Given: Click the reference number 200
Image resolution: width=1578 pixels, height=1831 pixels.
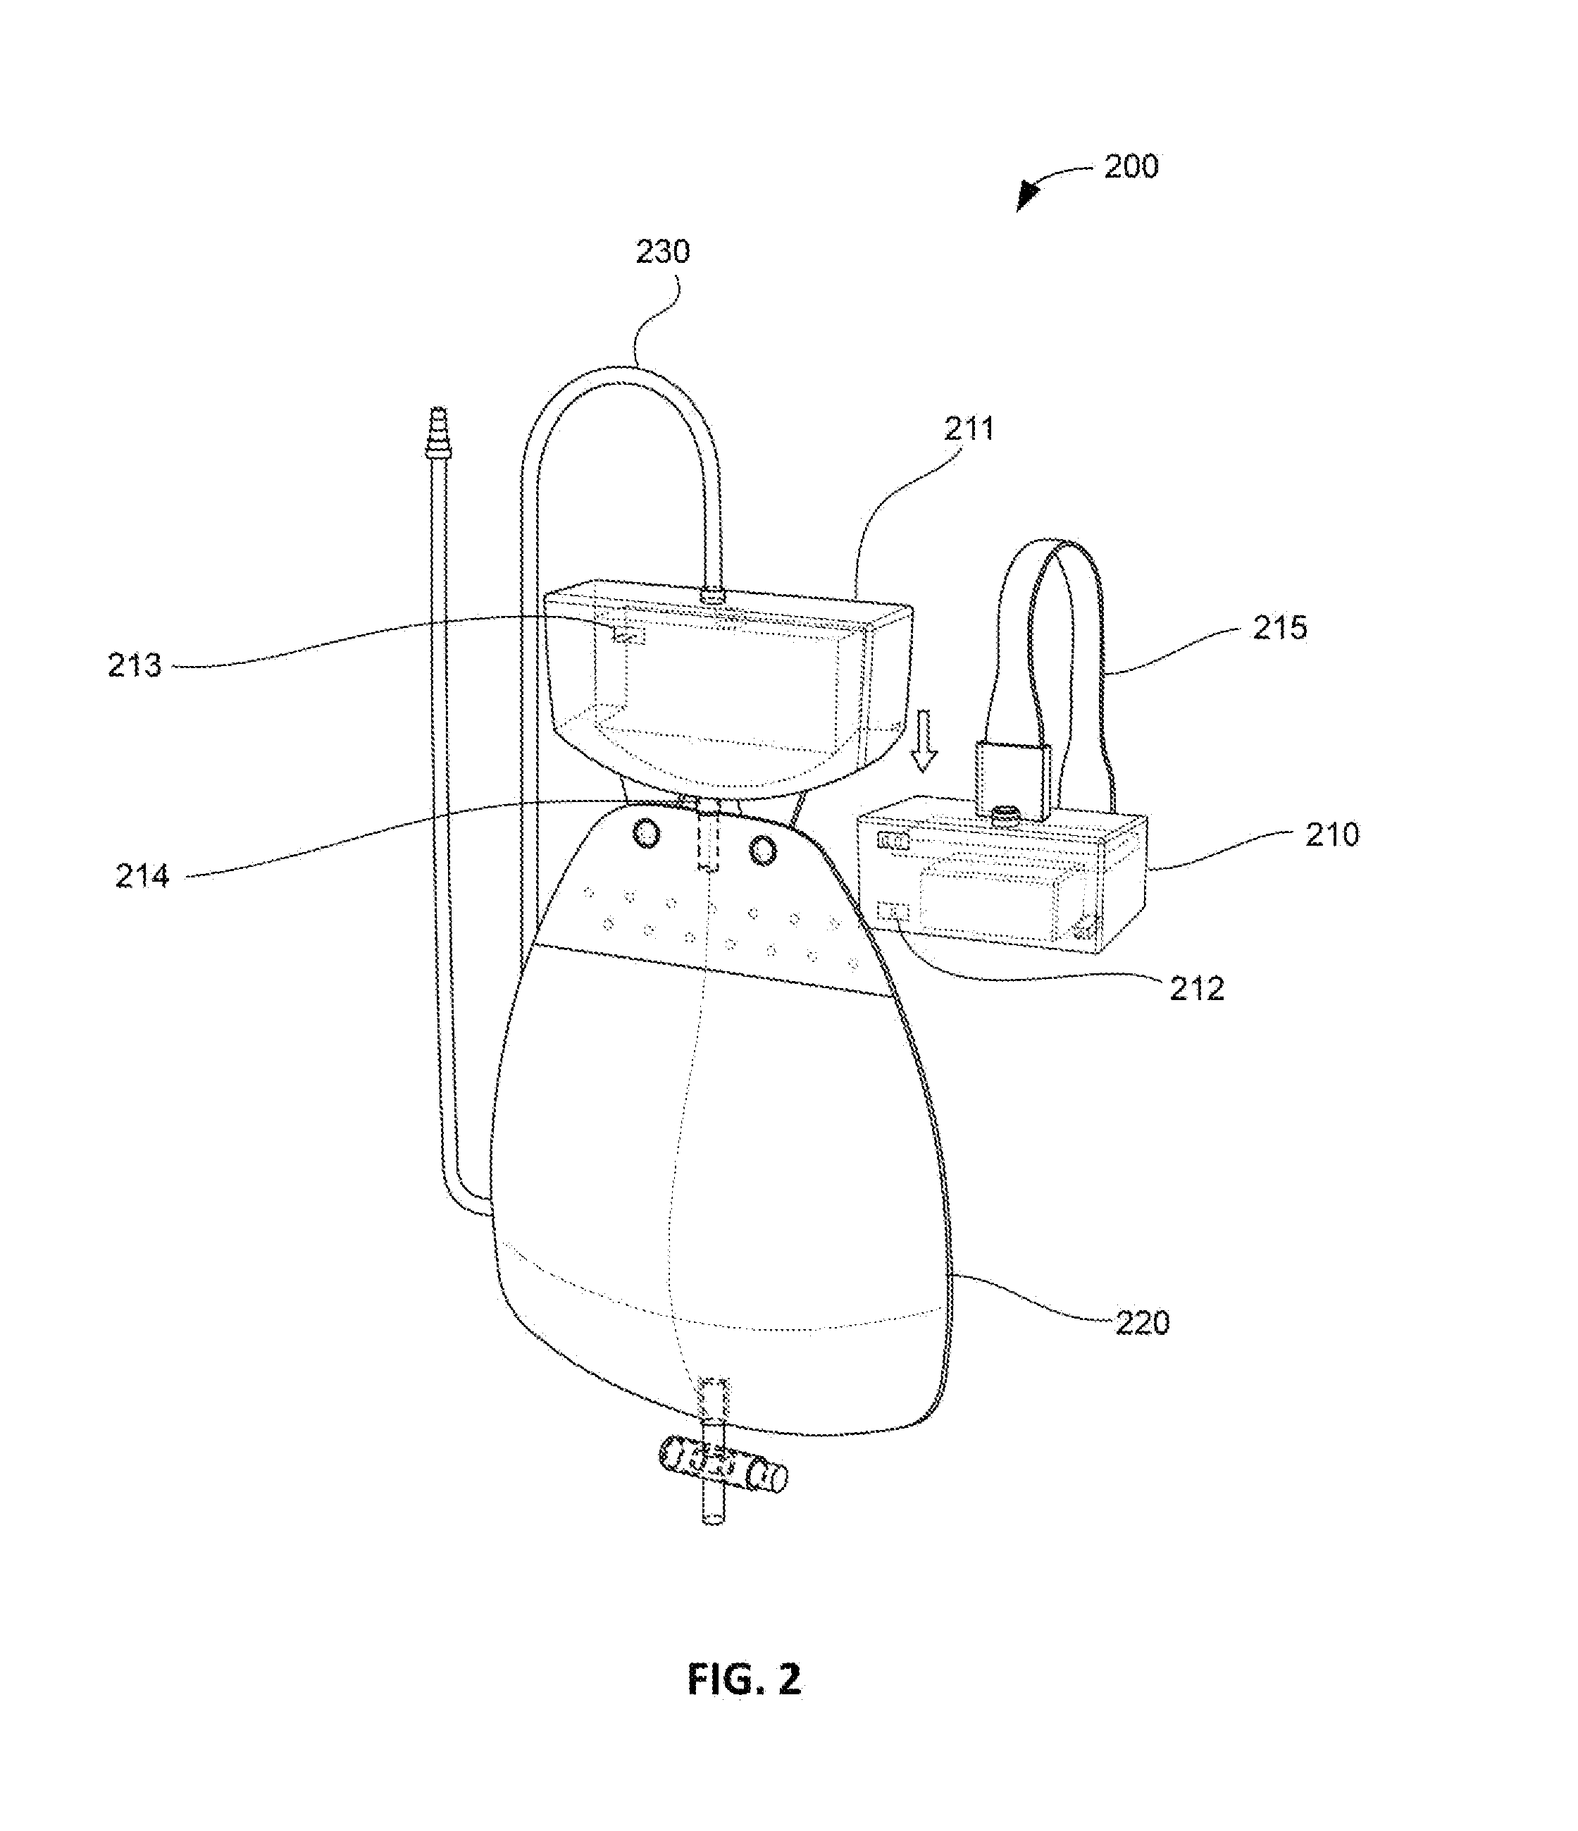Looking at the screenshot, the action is point(1131,167).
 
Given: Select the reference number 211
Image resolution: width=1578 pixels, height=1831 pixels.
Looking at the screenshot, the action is point(969,429).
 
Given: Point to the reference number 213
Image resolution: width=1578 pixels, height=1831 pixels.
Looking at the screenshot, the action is point(135,665).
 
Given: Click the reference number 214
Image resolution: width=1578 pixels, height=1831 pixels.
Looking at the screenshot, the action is point(142,876).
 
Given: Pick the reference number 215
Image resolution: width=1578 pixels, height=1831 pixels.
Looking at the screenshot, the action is point(1279,627).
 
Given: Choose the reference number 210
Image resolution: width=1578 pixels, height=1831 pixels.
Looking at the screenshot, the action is point(1332,834).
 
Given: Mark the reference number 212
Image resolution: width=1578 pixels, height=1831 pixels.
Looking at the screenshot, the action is point(1197,989).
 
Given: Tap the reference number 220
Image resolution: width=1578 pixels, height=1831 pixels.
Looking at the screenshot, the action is point(1143,1323).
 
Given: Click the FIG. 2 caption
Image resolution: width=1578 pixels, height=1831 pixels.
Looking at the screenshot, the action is point(744,1680).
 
